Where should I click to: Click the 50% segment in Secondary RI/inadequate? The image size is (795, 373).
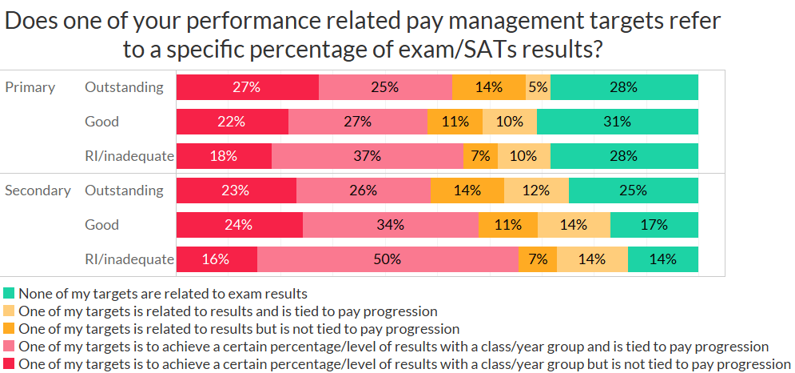tap(388, 259)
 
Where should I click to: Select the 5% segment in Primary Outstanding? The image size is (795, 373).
tap(538, 87)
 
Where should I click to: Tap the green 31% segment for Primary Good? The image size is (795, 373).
tap(617, 122)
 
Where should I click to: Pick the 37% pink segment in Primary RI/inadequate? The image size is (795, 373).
tap(367, 156)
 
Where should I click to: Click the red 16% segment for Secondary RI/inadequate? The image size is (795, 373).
tap(217, 259)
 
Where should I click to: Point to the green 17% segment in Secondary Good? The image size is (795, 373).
tap(654, 225)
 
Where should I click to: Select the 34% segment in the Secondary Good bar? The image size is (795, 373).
tap(390, 225)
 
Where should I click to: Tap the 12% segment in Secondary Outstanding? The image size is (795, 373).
tap(536, 191)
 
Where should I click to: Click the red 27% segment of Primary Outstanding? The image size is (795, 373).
tap(247, 87)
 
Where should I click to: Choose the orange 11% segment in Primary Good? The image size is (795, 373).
tap(455, 122)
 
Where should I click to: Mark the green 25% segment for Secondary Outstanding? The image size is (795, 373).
tap(633, 191)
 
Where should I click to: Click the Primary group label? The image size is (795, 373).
tap(30, 87)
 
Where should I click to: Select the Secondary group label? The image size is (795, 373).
tap(38, 191)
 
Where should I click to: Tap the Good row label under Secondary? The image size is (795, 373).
tap(101, 225)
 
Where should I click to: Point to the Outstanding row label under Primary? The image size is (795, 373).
tap(124, 87)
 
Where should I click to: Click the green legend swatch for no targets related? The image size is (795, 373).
tap(9, 294)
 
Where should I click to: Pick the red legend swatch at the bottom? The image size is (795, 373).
tap(9, 364)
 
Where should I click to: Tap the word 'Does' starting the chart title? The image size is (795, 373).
tap(31, 20)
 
